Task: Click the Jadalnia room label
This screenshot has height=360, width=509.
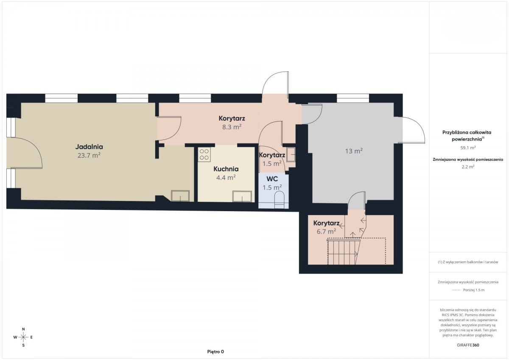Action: (89, 147)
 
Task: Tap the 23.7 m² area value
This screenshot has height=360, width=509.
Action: (89, 156)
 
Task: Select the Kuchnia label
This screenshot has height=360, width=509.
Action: (226, 169)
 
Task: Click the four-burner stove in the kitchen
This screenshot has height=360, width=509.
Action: (204, 154)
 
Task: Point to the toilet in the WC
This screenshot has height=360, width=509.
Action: (279, 199)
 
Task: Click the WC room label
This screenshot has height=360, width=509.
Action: (272, 179)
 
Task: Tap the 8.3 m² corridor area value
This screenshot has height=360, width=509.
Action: (232, 127)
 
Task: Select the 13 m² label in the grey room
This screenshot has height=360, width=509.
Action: (354, 151)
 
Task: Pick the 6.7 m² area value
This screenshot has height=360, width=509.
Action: (326, 232)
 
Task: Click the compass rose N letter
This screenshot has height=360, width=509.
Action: (23, 329)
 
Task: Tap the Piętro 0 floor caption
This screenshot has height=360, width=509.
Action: (215, 352)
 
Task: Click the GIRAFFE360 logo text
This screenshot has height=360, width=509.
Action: (468, 345)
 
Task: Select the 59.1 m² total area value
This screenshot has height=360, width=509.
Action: (468, 148)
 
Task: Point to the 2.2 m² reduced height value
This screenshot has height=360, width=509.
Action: (468, 167)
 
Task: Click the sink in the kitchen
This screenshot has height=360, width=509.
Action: (242, 196)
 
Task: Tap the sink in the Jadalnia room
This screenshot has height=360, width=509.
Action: (180, 196)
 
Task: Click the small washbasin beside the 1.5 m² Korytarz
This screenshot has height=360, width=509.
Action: (291, 155)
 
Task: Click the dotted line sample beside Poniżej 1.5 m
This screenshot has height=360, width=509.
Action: (456, 290)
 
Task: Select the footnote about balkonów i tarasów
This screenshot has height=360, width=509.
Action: (468, 262)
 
